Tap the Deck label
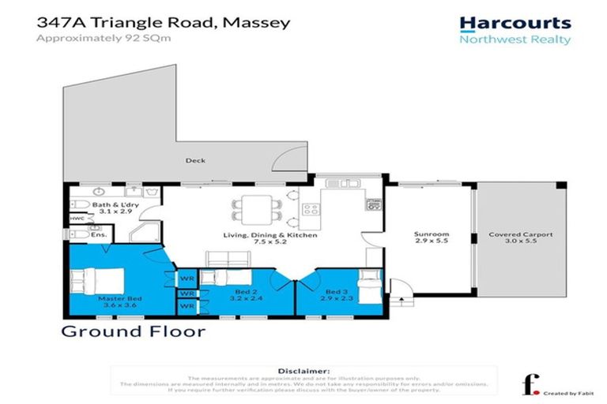coord(195,161)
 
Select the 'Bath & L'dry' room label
coord(108,205)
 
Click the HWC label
coord(77,219)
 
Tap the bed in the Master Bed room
coord(96,281)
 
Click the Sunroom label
coord(432,234)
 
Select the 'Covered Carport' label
coord(519,234)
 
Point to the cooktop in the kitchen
coord(311,211)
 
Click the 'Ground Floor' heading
coord(133,331)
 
